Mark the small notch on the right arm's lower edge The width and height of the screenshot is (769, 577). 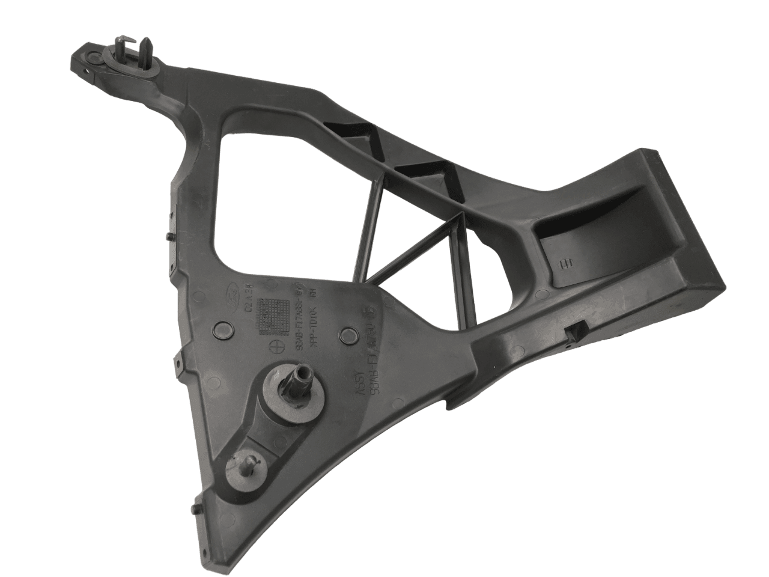[576, 332]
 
